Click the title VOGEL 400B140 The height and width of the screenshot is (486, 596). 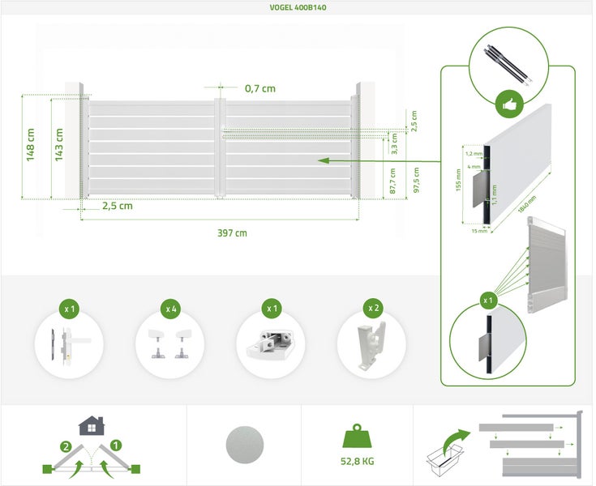pos(298,7)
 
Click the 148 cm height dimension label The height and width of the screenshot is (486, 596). pos(31,145)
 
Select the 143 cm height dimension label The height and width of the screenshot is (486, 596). pos(59,145)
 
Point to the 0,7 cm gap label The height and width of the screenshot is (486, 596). pos(260,88)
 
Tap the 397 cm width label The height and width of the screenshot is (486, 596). pos(232,233)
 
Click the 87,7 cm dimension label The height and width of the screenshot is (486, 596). pos(393,181)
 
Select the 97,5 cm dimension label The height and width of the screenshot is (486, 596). pos(416,180)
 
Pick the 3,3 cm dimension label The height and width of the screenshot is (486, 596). pos(394,143)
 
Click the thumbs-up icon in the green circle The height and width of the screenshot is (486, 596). pos(509,104)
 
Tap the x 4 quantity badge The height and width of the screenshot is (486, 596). pos(170,309)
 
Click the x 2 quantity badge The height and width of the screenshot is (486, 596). pos(373,308)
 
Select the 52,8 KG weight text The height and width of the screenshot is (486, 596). pos(358,462)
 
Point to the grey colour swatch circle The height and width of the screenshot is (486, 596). pos(244,445)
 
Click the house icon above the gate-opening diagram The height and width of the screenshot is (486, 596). pos(92,425)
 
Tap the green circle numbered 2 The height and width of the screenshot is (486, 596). pos(66,446)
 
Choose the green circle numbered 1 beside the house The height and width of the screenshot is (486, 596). pos(115,445)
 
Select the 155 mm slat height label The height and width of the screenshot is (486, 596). pos(458,180)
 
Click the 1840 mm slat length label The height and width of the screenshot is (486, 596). pos(527,204)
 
